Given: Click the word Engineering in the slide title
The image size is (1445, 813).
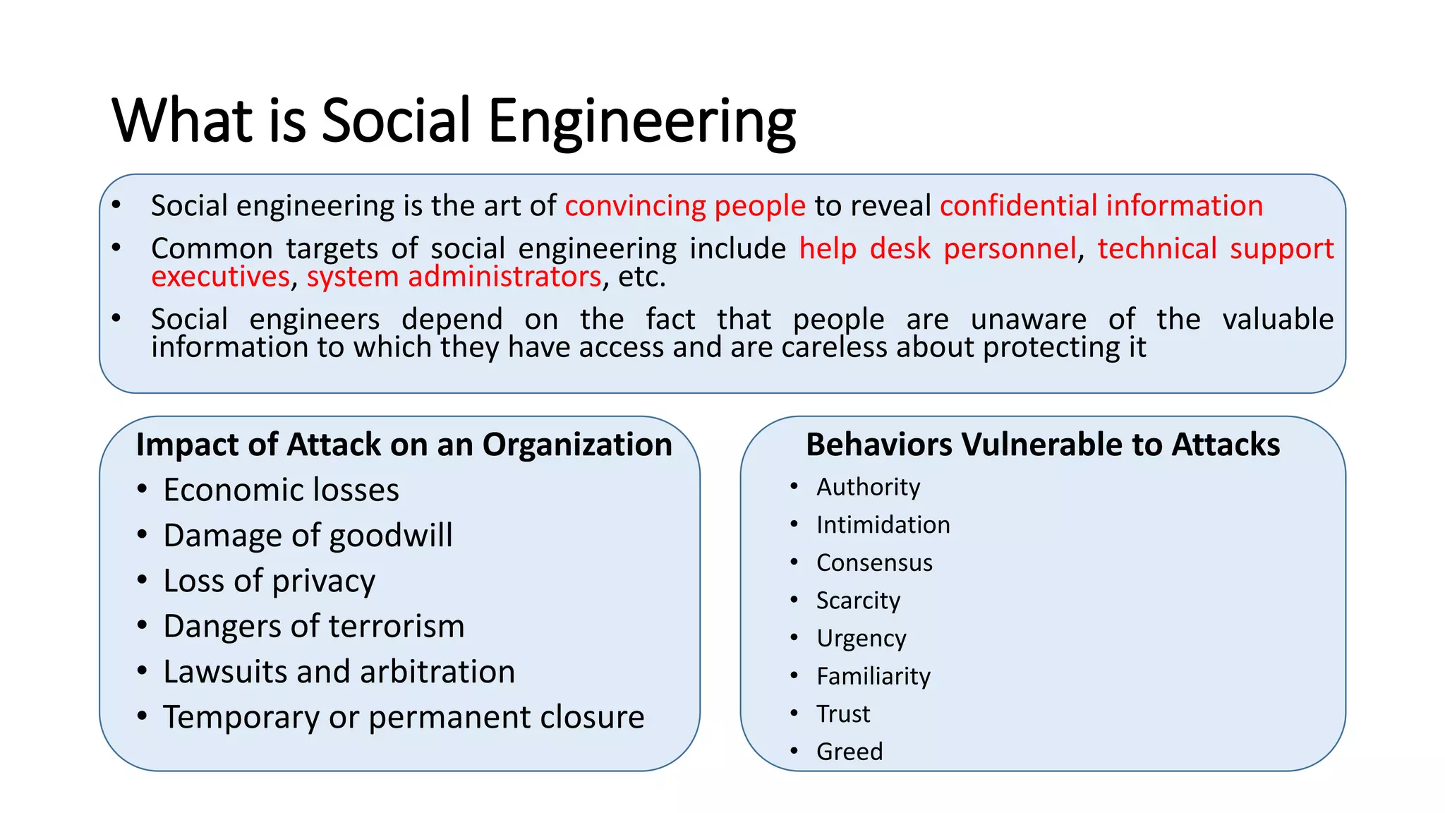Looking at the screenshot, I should pos(641,121).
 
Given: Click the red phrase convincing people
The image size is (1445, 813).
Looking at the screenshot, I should pos(685,206).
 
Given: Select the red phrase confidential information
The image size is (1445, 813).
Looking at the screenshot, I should pos(1101,206).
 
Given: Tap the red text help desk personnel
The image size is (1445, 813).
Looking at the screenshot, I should pos(938,249).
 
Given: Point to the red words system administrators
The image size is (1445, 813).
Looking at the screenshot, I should pos(454,277).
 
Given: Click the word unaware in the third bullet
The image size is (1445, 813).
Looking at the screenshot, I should pos(1028,320).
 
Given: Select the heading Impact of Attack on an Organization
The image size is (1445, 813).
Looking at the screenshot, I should pos(404,445).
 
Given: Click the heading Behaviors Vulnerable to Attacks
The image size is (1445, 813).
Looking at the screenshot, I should pos(1042,445).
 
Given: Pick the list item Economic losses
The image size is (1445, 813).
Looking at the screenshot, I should pos(281,490).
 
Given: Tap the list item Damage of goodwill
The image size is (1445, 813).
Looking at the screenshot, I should pos(308,536).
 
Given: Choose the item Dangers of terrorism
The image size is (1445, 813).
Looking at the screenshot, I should pos(314,627).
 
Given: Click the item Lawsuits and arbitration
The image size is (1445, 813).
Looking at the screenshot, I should pos(339,672).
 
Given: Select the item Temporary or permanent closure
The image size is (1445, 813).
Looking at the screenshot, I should pos(404,718).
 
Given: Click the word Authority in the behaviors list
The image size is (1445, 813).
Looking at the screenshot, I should pos(868,487).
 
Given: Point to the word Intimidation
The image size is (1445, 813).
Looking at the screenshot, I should pos(883,525).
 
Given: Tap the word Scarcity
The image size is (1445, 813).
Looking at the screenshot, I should pos(858,601).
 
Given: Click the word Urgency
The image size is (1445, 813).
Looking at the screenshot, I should pos(861,639).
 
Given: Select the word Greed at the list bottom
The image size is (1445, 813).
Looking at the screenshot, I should pos(850,752).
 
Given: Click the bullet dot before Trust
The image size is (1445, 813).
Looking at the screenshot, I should pos(794,713).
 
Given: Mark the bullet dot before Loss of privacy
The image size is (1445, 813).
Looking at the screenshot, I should pos(143,580).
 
